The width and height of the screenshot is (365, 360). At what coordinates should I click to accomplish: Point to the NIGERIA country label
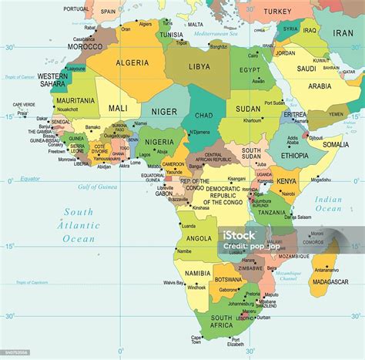click(x=159, y=142)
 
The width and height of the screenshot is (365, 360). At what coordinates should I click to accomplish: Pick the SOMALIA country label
click(x=336, y=144)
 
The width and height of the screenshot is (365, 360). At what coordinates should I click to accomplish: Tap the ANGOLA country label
click(x=199, y=238)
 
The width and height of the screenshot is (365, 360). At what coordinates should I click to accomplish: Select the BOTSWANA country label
click(x=228, y=278)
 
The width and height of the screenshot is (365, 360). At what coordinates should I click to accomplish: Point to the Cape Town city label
click(x=196, y=340)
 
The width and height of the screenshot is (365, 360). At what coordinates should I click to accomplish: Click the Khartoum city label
click(x=252, y=120)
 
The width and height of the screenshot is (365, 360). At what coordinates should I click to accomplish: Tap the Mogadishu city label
click(x=321, y=180)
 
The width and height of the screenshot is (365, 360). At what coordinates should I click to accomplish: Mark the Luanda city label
click(x=188, y=225)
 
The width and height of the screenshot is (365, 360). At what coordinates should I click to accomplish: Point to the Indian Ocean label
click(x=328, y=204)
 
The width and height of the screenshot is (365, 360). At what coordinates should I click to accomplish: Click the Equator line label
click(x=30, y=178)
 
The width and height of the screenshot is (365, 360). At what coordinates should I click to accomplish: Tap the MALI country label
click(x=119, y=109)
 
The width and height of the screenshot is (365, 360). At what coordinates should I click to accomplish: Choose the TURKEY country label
click(x=277, y=12)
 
